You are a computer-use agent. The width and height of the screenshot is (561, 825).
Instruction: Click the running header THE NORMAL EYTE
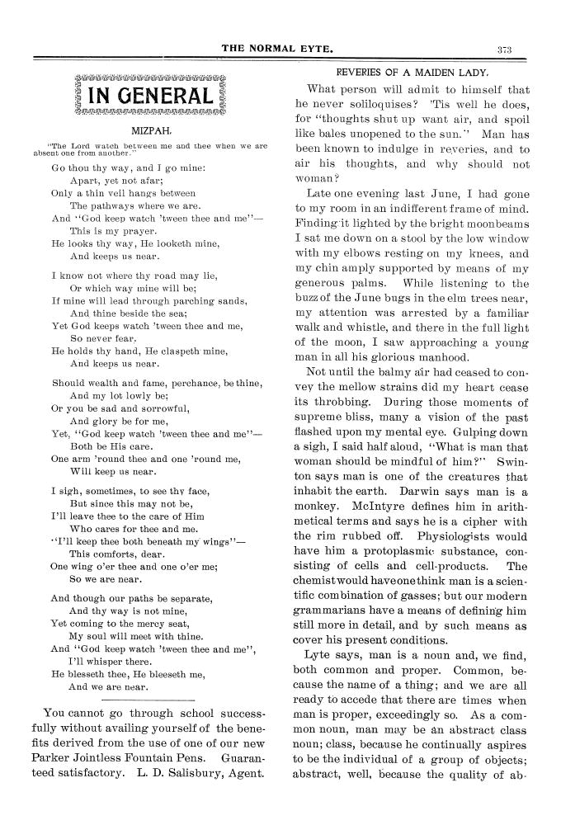[277, 49]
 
